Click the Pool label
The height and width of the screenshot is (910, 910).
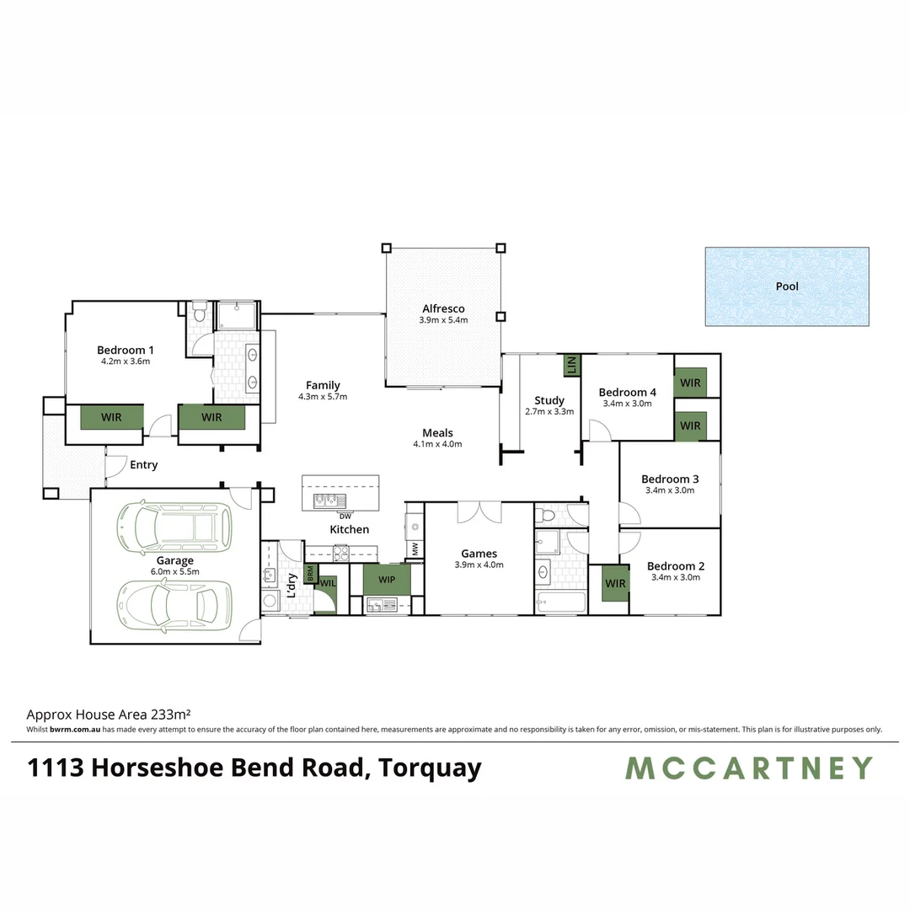787,286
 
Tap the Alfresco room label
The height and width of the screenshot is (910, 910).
442,308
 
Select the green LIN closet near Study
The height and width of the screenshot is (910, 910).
571,365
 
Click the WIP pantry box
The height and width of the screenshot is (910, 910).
387,580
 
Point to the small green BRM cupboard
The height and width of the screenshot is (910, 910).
310,574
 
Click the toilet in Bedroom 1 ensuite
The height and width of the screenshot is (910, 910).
199,313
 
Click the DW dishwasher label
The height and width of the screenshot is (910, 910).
345,516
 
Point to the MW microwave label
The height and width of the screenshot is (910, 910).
415,549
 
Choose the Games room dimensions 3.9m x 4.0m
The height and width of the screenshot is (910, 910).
479,565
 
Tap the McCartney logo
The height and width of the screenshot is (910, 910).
748,768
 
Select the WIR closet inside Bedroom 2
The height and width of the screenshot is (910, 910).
615,584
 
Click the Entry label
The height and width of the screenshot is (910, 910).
143,464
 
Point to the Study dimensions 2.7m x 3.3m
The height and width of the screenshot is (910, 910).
549,412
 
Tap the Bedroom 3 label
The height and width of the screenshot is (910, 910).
670,479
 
